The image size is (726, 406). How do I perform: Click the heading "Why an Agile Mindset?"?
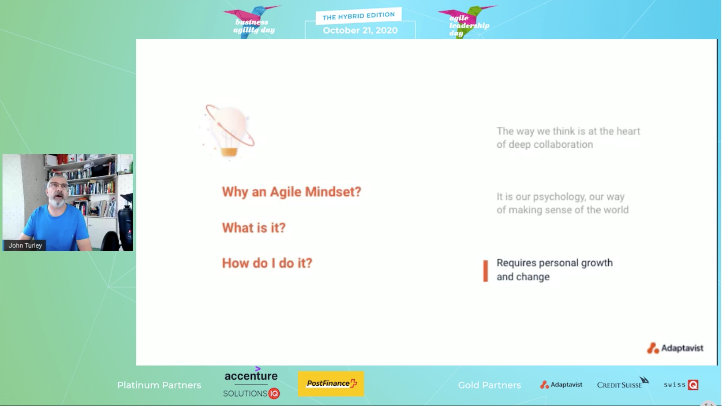[x=292, y=192]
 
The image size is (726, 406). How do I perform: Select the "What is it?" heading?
[x=254, y=228]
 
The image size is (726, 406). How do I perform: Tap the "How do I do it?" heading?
[x=267, y=263]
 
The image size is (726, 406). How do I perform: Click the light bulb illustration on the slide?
[x=229, y=131]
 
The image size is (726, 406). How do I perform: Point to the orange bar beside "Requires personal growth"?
[x=485, y=271]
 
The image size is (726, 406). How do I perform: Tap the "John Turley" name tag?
[x=25, y=245]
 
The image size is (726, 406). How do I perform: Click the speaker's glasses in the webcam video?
[x=59, y=186]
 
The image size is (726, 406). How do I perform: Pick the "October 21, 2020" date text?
[x=360, y=30]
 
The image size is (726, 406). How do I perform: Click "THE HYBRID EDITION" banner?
[x=359, y=16]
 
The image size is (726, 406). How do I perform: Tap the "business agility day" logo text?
[x=254, y=26]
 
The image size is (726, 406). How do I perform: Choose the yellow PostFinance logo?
[x=331, y=384]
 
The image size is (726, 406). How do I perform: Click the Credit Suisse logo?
[x=622, y=384]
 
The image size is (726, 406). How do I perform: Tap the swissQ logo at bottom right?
[x=681, y=384]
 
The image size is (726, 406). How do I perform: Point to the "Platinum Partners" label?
[x=159, y=385]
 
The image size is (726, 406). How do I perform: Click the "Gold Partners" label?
[x=490, y=385]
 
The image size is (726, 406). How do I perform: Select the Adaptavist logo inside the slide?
[x=675, y=348]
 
